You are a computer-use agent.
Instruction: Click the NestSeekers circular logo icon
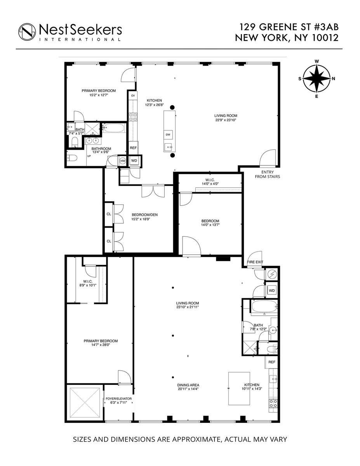point(27,31)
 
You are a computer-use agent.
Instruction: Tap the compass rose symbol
point(317,78)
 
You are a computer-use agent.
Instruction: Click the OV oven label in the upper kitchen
point(133,96)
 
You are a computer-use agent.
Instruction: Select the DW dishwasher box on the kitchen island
point(168,134)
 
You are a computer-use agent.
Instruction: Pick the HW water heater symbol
point(123,160)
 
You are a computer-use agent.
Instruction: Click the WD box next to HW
point(134,160)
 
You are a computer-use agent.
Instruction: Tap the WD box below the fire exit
point(272,290)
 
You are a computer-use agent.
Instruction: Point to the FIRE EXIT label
point(254,262)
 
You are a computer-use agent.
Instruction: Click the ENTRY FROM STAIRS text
point(267,174)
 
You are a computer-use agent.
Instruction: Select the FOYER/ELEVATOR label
point(119,401)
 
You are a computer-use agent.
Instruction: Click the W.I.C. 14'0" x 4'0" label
point(210,182)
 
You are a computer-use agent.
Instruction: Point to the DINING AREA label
point(188,387)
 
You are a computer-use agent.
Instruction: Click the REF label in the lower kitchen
point(272,362)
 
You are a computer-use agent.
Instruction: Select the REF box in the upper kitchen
point(133,148)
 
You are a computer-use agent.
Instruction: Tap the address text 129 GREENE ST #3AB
point(289,27)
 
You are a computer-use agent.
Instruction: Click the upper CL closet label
point(109,214)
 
